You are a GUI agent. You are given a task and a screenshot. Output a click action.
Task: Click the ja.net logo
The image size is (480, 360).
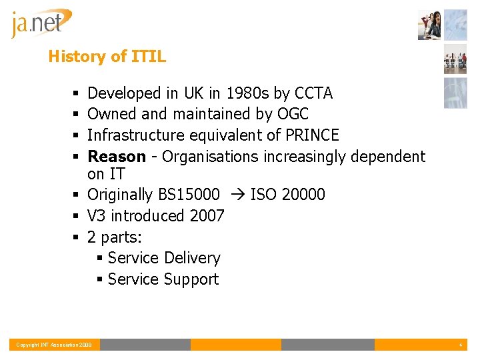point(41,23)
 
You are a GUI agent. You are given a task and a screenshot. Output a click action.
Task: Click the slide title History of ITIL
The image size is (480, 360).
point(107,57)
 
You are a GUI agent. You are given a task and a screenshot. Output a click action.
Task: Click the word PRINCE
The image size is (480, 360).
point(312,135)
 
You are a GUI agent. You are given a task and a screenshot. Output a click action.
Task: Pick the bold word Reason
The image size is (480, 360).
point(117,157)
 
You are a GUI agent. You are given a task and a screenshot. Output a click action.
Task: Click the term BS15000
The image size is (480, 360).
point(189,195)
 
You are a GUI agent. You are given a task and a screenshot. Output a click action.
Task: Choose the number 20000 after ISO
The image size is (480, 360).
point(303,195)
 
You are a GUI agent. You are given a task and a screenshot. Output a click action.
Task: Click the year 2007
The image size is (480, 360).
point(207,216)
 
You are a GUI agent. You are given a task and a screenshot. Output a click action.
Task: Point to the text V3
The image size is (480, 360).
point(97,216)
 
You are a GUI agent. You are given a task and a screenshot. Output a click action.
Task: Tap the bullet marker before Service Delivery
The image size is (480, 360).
point(99,259)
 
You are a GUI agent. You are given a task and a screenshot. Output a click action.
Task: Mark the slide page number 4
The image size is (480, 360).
point(460,345)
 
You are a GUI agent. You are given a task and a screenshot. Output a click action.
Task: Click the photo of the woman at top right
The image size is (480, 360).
point(430,25)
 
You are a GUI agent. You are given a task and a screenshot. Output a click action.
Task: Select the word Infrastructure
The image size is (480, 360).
point(136,135)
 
